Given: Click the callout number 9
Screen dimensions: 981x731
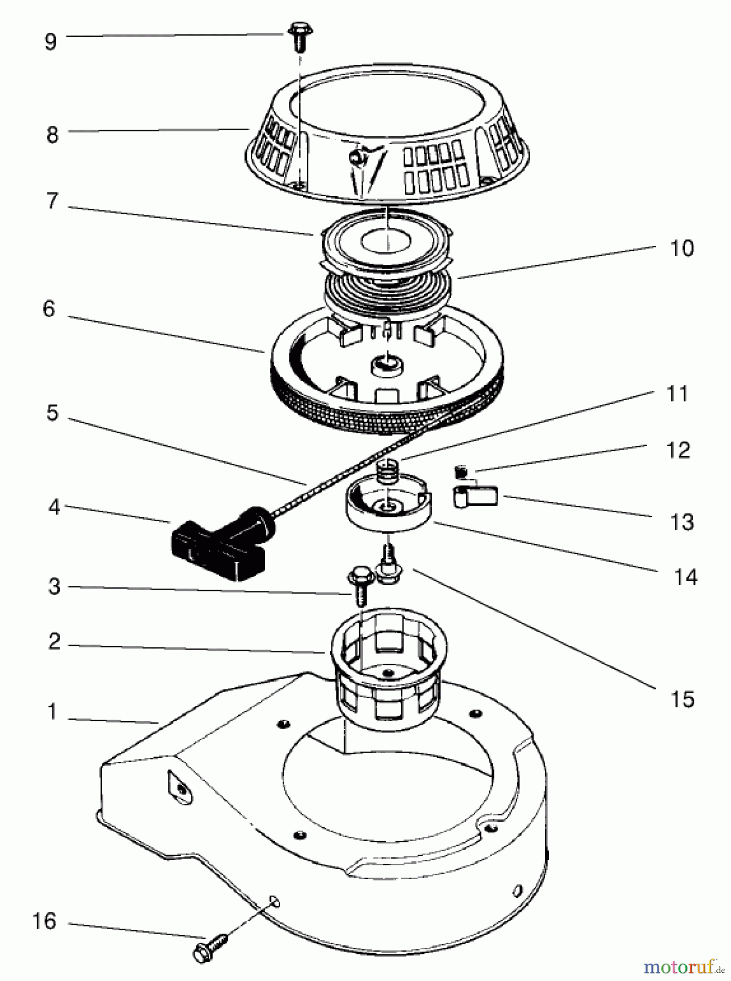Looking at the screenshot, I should click(51, 41).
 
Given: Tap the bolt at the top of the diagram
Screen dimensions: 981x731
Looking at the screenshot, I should click(298, 35).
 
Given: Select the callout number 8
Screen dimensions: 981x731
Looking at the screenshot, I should click(52, 134).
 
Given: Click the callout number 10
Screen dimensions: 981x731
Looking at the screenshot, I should click(681, 249).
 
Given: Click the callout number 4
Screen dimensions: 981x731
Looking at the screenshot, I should click(53, 508).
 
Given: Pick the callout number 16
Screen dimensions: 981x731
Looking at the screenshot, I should click(45, 922).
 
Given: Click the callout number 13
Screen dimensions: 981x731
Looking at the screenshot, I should click(682, 522).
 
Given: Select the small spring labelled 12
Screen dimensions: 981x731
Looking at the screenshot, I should click(461, 469).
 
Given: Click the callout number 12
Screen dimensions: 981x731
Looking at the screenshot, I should click(678, 450).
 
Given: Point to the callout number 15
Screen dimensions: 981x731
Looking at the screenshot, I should click(682, 699).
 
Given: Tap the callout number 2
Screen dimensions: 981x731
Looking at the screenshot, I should click(53, 641).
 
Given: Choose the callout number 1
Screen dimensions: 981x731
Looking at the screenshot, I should click(52, 712).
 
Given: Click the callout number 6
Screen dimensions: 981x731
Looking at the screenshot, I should click(49, 309).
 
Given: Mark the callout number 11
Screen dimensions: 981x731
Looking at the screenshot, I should click(678, 393).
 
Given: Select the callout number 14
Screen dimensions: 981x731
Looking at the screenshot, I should click(685, 577).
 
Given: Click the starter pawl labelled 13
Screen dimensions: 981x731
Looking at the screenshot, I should click(475, 497).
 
